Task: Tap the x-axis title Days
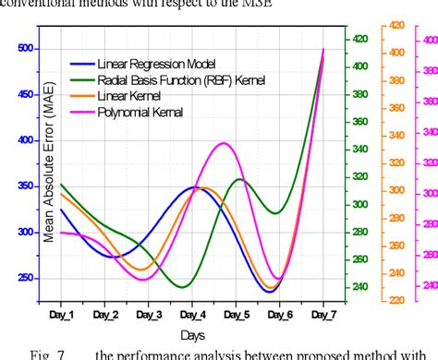192,334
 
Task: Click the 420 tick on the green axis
359,39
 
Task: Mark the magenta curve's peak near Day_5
224,143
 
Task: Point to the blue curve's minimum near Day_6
269,292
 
